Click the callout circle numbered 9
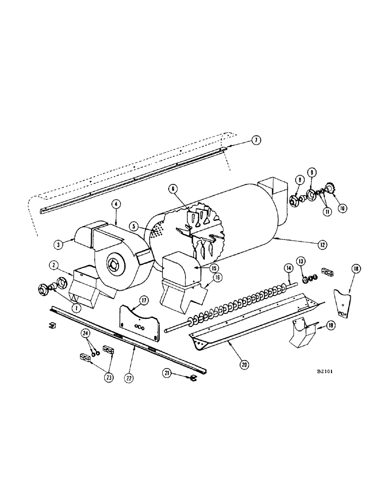click(312, 173)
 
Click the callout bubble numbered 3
click(59, 244)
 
